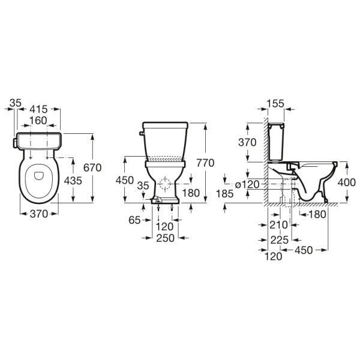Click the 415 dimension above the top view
point(38,109)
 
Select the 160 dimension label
point(38,121)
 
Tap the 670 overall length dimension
point(92,167)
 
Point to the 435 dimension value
point(73,181)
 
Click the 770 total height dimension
point(205,163)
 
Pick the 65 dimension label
point(134,220)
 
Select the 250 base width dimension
point(166,238)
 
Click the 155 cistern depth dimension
point(275,104)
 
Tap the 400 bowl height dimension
point(347,182)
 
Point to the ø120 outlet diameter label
point(247,184)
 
